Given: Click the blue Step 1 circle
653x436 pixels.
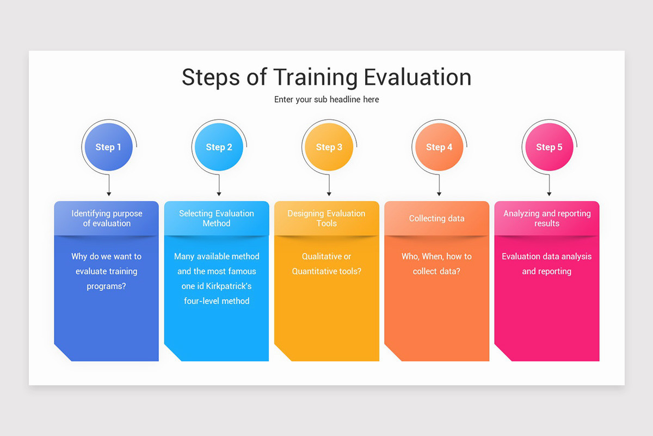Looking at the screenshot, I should tap(108, 147).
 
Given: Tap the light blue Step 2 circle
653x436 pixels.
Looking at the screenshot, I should tap(219, 147).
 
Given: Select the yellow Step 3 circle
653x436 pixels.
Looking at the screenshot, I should tap(329, 147).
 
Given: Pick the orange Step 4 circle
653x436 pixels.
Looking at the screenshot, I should tap(439, 147).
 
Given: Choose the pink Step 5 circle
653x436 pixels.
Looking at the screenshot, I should tap(549, 147).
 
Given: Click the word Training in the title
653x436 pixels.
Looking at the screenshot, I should tap(316, 78).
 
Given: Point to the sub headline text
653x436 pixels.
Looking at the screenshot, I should tap(326, 100).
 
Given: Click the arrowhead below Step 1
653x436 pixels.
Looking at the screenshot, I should tap(109, 193).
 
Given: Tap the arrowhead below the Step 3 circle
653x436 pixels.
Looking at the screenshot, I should tap(329, 193).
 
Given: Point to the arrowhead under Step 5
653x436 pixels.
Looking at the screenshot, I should tap(549, 193).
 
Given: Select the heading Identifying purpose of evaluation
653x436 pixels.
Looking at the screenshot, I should tap(107, 219).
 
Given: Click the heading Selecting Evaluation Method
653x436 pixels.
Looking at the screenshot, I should tap(217, 219).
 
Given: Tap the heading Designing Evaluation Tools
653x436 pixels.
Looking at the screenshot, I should tap(326, 219).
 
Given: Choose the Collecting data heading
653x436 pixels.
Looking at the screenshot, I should tap(436, 219).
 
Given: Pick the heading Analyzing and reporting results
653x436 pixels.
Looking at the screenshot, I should tap(547, 219).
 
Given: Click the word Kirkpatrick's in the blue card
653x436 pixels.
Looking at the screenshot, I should tap(229, 286).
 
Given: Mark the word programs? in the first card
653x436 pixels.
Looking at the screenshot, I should tap(107, 286).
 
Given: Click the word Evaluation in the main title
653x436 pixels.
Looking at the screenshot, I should tap(417, 78).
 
